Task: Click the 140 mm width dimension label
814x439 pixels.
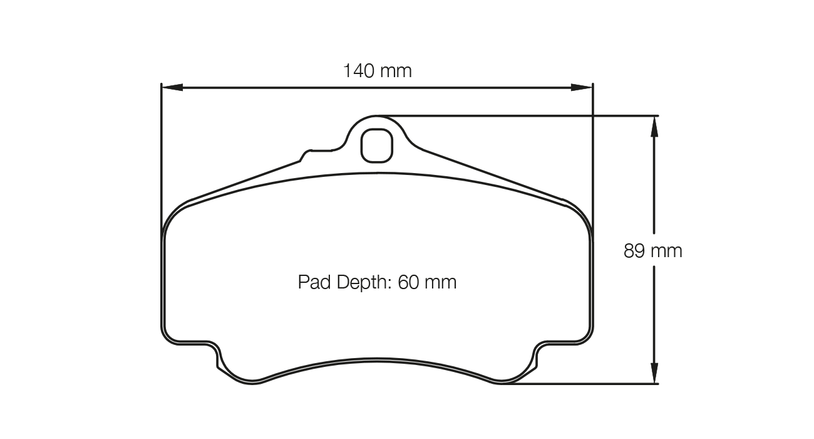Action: point(377,71)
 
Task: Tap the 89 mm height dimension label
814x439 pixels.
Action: point(652,251)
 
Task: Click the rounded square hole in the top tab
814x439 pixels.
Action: point(377,145)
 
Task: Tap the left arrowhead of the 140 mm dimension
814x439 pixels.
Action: point(170,87)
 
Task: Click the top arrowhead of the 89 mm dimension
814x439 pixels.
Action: point(654,125)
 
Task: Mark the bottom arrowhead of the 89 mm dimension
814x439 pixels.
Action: point(654,374)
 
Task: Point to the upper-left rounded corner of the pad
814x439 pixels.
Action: point(175,216)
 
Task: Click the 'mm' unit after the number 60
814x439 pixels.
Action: point(441,282)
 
